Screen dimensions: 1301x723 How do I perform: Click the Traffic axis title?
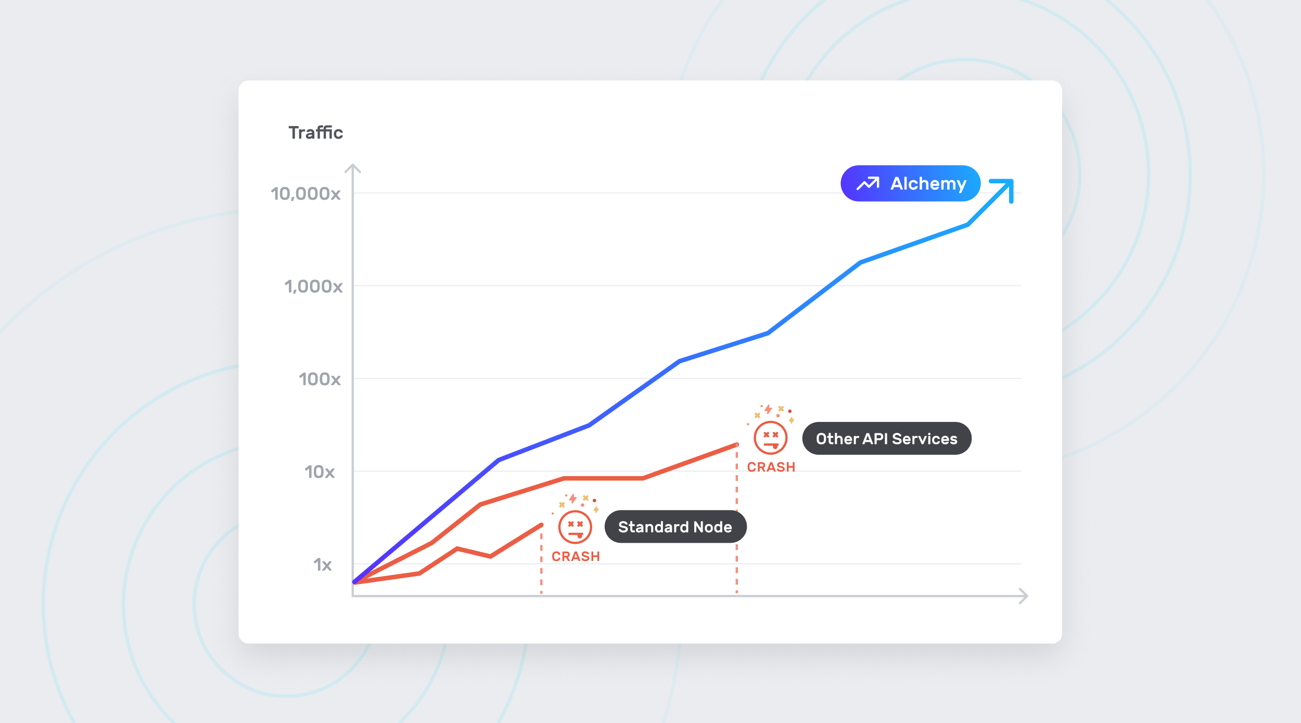click(316, 133)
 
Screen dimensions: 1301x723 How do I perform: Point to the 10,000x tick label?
click(305, 194)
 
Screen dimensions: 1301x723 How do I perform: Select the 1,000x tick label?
click(313, 286)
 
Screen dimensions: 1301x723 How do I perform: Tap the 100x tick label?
click(320, 379)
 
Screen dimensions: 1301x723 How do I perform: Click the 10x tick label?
click(320, 472)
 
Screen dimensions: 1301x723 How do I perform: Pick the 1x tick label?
click(322, 565)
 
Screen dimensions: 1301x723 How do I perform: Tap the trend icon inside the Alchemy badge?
click(868, 183)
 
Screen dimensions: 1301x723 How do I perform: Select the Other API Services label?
click(887, 439)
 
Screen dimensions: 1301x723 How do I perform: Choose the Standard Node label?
click(675, 527)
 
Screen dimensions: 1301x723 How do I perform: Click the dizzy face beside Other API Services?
click(771, 438)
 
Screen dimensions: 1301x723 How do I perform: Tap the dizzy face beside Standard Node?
click(575, 527)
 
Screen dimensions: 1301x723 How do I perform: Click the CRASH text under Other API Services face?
click(771, 467)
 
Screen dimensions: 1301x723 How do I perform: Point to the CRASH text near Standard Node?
click(576, 556)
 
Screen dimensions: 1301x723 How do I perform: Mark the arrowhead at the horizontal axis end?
click(1025, 596)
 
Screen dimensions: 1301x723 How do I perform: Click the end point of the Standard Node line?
click(542, 525)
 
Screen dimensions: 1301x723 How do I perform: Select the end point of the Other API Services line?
click(737, 445)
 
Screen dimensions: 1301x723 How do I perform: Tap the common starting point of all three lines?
click(355, 582)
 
